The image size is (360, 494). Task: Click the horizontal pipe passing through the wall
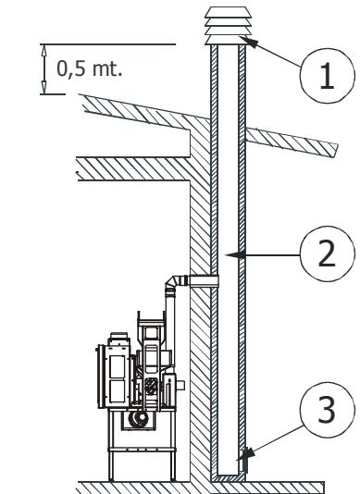(199, 278)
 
